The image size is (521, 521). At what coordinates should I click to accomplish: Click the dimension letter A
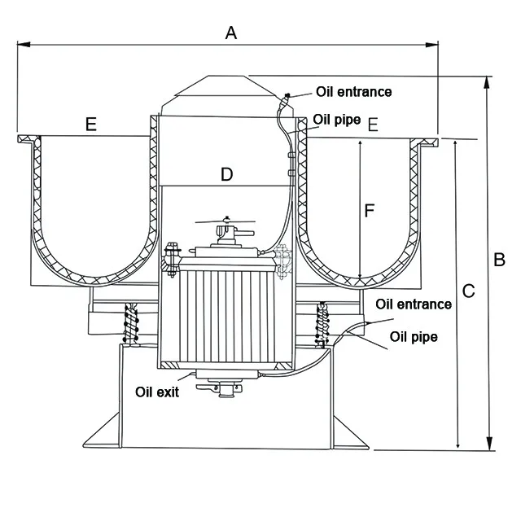pos(231,33)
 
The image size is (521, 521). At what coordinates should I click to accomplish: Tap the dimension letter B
pos(499,260)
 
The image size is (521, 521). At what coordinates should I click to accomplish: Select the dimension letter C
pos(469,291)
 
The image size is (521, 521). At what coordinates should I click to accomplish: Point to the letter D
pos(227,174)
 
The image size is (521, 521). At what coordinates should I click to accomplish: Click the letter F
pos(370,211)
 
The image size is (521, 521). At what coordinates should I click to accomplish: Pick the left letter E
pos(91,125)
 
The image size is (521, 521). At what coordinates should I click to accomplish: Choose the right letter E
pos(373,125)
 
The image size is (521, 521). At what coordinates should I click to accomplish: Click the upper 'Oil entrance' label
pos(354,92)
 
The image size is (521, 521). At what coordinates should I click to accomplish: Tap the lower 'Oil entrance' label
pos(414,304)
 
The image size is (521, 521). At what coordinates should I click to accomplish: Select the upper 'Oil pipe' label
pos(337,120)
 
